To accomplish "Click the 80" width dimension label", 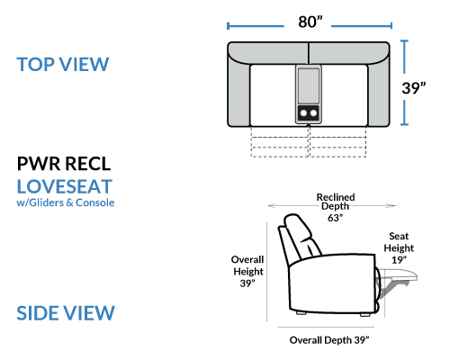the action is (x=310, y=22).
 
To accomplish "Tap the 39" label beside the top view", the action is (x=414, y=88).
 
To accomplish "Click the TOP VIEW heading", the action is (x=63, y=64).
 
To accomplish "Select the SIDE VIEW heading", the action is (x=66, y=313).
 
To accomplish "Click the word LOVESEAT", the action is (x=65, y=186).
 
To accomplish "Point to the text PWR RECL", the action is (x=64, y=164).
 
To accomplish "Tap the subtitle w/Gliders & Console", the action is (x=66, y=202).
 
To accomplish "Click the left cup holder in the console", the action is (x=303, y=113).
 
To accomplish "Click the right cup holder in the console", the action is (x=313, y=113).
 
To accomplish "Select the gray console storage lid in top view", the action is (x=309, y=86).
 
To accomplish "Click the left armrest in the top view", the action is (x=238, y=90).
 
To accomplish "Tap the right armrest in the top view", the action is (x=379, y=90).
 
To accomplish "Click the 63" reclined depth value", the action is (x=335, y=218).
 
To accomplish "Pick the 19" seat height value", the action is (x=399, y=260).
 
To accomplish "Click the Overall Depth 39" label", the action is (x=329, y=340).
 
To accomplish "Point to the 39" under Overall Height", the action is (x=247, y=283).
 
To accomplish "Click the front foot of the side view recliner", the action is (x=364, y=315).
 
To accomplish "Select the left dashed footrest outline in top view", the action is (x=280, y=141).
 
